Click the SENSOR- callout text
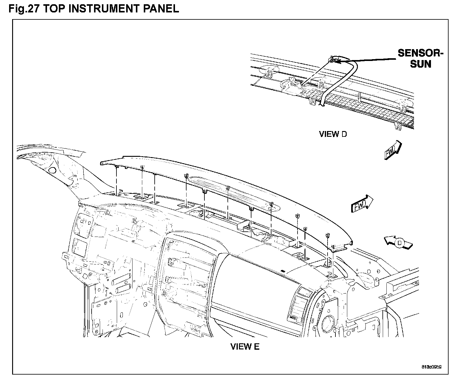point(420,53)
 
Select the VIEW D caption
point(333,134)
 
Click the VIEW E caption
point(245,346)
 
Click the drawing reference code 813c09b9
point(431,366)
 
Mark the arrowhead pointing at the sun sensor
point(337,62)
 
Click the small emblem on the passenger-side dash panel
point(282,271)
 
